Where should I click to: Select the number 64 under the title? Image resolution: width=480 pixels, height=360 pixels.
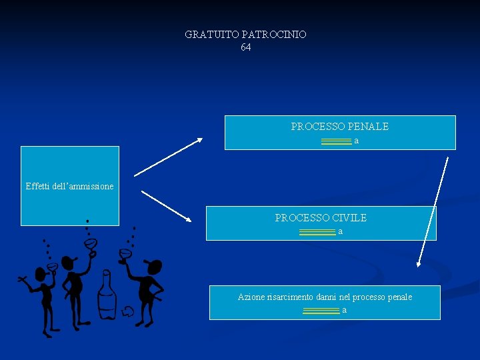[246, 47]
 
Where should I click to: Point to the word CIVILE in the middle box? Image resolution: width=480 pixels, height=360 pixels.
[349, 217]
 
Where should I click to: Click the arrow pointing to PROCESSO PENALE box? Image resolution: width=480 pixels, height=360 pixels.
[168, 157]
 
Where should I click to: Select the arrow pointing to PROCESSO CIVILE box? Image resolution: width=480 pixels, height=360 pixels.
[167, 206]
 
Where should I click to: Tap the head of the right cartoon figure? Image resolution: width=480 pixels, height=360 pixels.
[154, 267]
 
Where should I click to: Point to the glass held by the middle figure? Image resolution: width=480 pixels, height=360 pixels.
[90, 245]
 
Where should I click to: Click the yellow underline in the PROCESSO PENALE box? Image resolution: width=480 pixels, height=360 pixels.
[336, 141]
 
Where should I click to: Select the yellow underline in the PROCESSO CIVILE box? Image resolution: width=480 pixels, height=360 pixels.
[317, 232]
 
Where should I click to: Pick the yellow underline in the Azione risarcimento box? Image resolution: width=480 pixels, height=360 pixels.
[321, 311]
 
